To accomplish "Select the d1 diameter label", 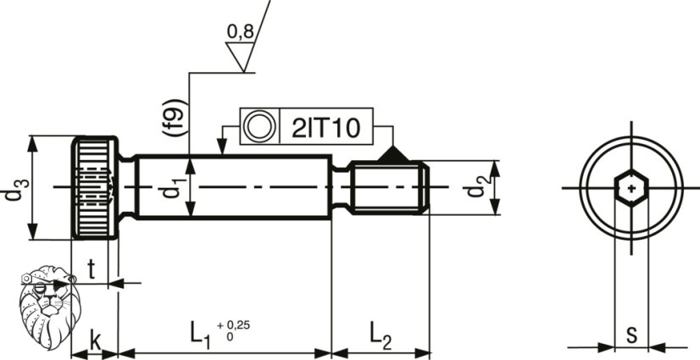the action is (172, 186).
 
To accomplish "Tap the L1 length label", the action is (201, 334).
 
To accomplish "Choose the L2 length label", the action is (381, 334).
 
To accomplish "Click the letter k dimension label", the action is (95, 341).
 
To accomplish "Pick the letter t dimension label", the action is (91, 270).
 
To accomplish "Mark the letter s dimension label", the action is (631, 335).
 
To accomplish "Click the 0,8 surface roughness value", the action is (241, 31).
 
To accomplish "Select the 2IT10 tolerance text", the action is (326, 128).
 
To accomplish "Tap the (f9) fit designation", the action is (174, 118).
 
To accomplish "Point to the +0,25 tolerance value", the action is (234, 325).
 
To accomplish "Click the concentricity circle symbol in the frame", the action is (259, 126).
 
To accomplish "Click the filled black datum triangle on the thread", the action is (393, 154).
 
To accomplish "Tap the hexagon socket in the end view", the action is (631, 188).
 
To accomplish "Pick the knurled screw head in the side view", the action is (95, 188).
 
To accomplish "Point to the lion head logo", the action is (49, 307).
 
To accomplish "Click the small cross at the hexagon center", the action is (631, 188).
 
